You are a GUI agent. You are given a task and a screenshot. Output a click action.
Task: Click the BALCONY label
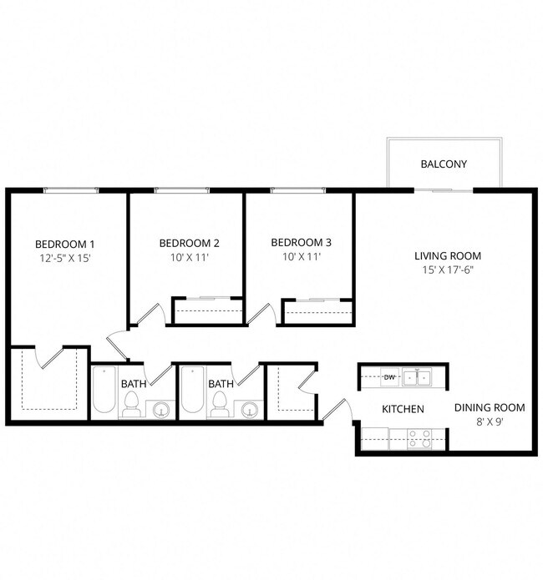click(x=443, y=164)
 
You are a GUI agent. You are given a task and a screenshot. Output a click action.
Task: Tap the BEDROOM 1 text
click(x=64, y=244)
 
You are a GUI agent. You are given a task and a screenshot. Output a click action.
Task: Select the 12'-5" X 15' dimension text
click(x=64, y=259)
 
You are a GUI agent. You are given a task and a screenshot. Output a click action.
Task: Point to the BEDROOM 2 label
click(x=189, y=244)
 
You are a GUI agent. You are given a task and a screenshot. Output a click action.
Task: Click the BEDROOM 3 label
click(x=301, y=242)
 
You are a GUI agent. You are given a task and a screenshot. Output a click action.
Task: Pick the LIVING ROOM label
click(x=448, y=255)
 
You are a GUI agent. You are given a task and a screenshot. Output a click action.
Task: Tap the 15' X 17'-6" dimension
click(x=448, y=270)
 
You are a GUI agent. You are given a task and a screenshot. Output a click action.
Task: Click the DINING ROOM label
click(x=490, y=408)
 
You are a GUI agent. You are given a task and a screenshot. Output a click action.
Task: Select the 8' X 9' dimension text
click(x=490, y=421)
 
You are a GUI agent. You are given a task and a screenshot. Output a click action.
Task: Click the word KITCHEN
click(x=403, y=409)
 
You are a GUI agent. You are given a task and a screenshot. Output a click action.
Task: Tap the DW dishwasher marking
click(x=388, y=377)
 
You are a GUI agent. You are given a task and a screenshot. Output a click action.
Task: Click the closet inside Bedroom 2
click(x=207, y=311)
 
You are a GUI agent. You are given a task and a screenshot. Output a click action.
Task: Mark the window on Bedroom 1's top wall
click(x=71, y=191)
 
